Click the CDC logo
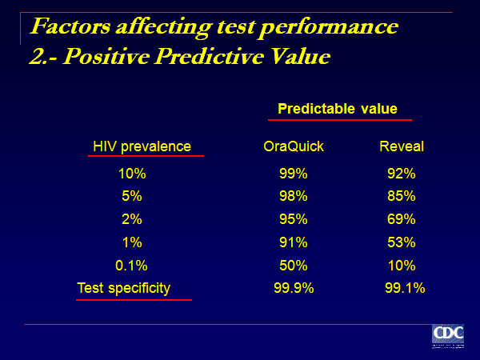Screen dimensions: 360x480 pos(448,337)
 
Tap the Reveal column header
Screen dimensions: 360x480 pos(402,146)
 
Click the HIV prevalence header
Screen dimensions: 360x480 pos(142,146)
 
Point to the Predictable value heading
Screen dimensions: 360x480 pos(338,109)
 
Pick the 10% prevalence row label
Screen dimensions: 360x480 pos(132,173)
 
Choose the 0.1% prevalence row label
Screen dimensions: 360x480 pos(132,266)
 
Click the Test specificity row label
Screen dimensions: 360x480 pos(124,288)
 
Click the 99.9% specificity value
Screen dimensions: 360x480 pos(294,288)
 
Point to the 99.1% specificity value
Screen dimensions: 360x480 pos(405,288)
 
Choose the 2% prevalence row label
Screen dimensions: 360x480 pos(132,219)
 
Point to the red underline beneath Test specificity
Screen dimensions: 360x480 pos(134,300)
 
